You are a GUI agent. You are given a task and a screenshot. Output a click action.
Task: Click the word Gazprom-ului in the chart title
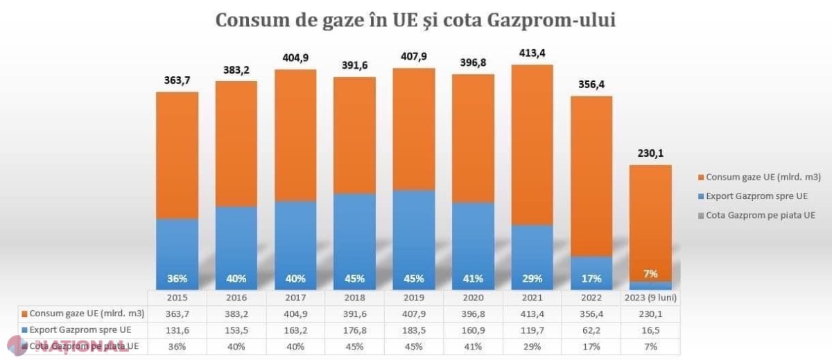tap(551, 20)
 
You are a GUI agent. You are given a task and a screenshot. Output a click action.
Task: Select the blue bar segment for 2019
tap(414, 240)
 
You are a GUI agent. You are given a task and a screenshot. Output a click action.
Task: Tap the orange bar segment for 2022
tap(591, 176)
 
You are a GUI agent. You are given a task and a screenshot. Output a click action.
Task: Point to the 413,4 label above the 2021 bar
tap(532, 53)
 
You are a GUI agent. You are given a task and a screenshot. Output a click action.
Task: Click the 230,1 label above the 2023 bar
tap(650, 153)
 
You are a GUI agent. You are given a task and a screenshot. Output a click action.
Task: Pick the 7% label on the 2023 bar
tap(650, 274)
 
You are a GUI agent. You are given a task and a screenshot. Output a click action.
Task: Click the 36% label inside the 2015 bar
tap(177, 279)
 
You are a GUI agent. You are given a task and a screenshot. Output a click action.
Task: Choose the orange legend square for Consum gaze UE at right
tap(701, 178)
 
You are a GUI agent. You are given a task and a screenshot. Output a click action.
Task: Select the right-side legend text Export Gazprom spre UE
tap(756, 196)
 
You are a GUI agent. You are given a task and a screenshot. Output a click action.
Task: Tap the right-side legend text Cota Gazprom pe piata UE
tap(761, 216)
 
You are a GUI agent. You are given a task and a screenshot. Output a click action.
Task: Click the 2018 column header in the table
tap(354, 298)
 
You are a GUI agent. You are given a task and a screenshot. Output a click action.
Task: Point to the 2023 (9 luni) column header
tap(650, 298)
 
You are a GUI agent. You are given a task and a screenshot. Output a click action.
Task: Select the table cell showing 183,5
tap(414, 330)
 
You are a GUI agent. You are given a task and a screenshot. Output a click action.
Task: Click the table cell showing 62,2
tap(591, 330)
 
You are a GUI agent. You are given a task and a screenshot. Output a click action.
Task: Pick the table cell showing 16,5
tap(650, 330)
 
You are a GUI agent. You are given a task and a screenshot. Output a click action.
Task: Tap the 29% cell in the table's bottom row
tap(532, 347)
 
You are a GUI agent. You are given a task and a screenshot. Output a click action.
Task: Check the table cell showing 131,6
tap(177, 330)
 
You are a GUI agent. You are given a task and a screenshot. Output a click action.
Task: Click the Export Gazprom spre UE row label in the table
tap(80, 330)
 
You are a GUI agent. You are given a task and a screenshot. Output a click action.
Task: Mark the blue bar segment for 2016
tap(236, 248)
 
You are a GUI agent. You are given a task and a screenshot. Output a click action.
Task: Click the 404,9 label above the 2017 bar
tap(295, 58)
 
